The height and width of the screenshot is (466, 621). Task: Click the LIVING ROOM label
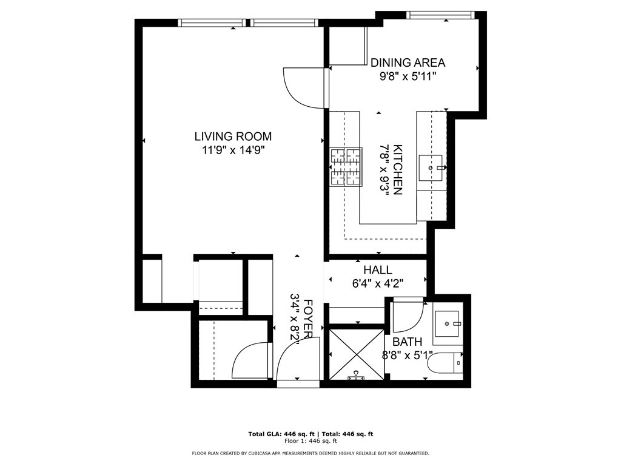(x=233, y=137)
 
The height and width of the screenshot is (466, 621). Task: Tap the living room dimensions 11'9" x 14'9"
(x=233, y=150)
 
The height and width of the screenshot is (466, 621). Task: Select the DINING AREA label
(x=408, y=62)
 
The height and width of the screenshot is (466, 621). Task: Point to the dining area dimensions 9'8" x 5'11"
(x=408, y=76)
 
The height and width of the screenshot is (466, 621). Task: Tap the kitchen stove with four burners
(x=346, y=166)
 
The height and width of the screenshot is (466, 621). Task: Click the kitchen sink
(x=431, y=167)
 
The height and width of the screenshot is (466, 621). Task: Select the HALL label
(x=378, y=270)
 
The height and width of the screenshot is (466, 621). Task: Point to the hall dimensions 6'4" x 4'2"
(x=378, y=283)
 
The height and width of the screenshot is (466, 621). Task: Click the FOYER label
(x=309, y=319)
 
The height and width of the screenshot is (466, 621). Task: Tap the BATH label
(x=407, y=342)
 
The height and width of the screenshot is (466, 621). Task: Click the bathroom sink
(x=448, y=324)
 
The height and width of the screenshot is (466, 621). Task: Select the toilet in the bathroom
(x=445, y=363)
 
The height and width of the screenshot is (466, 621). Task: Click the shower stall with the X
(x=357, y=354)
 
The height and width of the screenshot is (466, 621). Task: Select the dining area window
(x=440, y=15)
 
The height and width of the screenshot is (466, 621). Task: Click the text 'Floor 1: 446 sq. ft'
(x=310, y=441)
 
